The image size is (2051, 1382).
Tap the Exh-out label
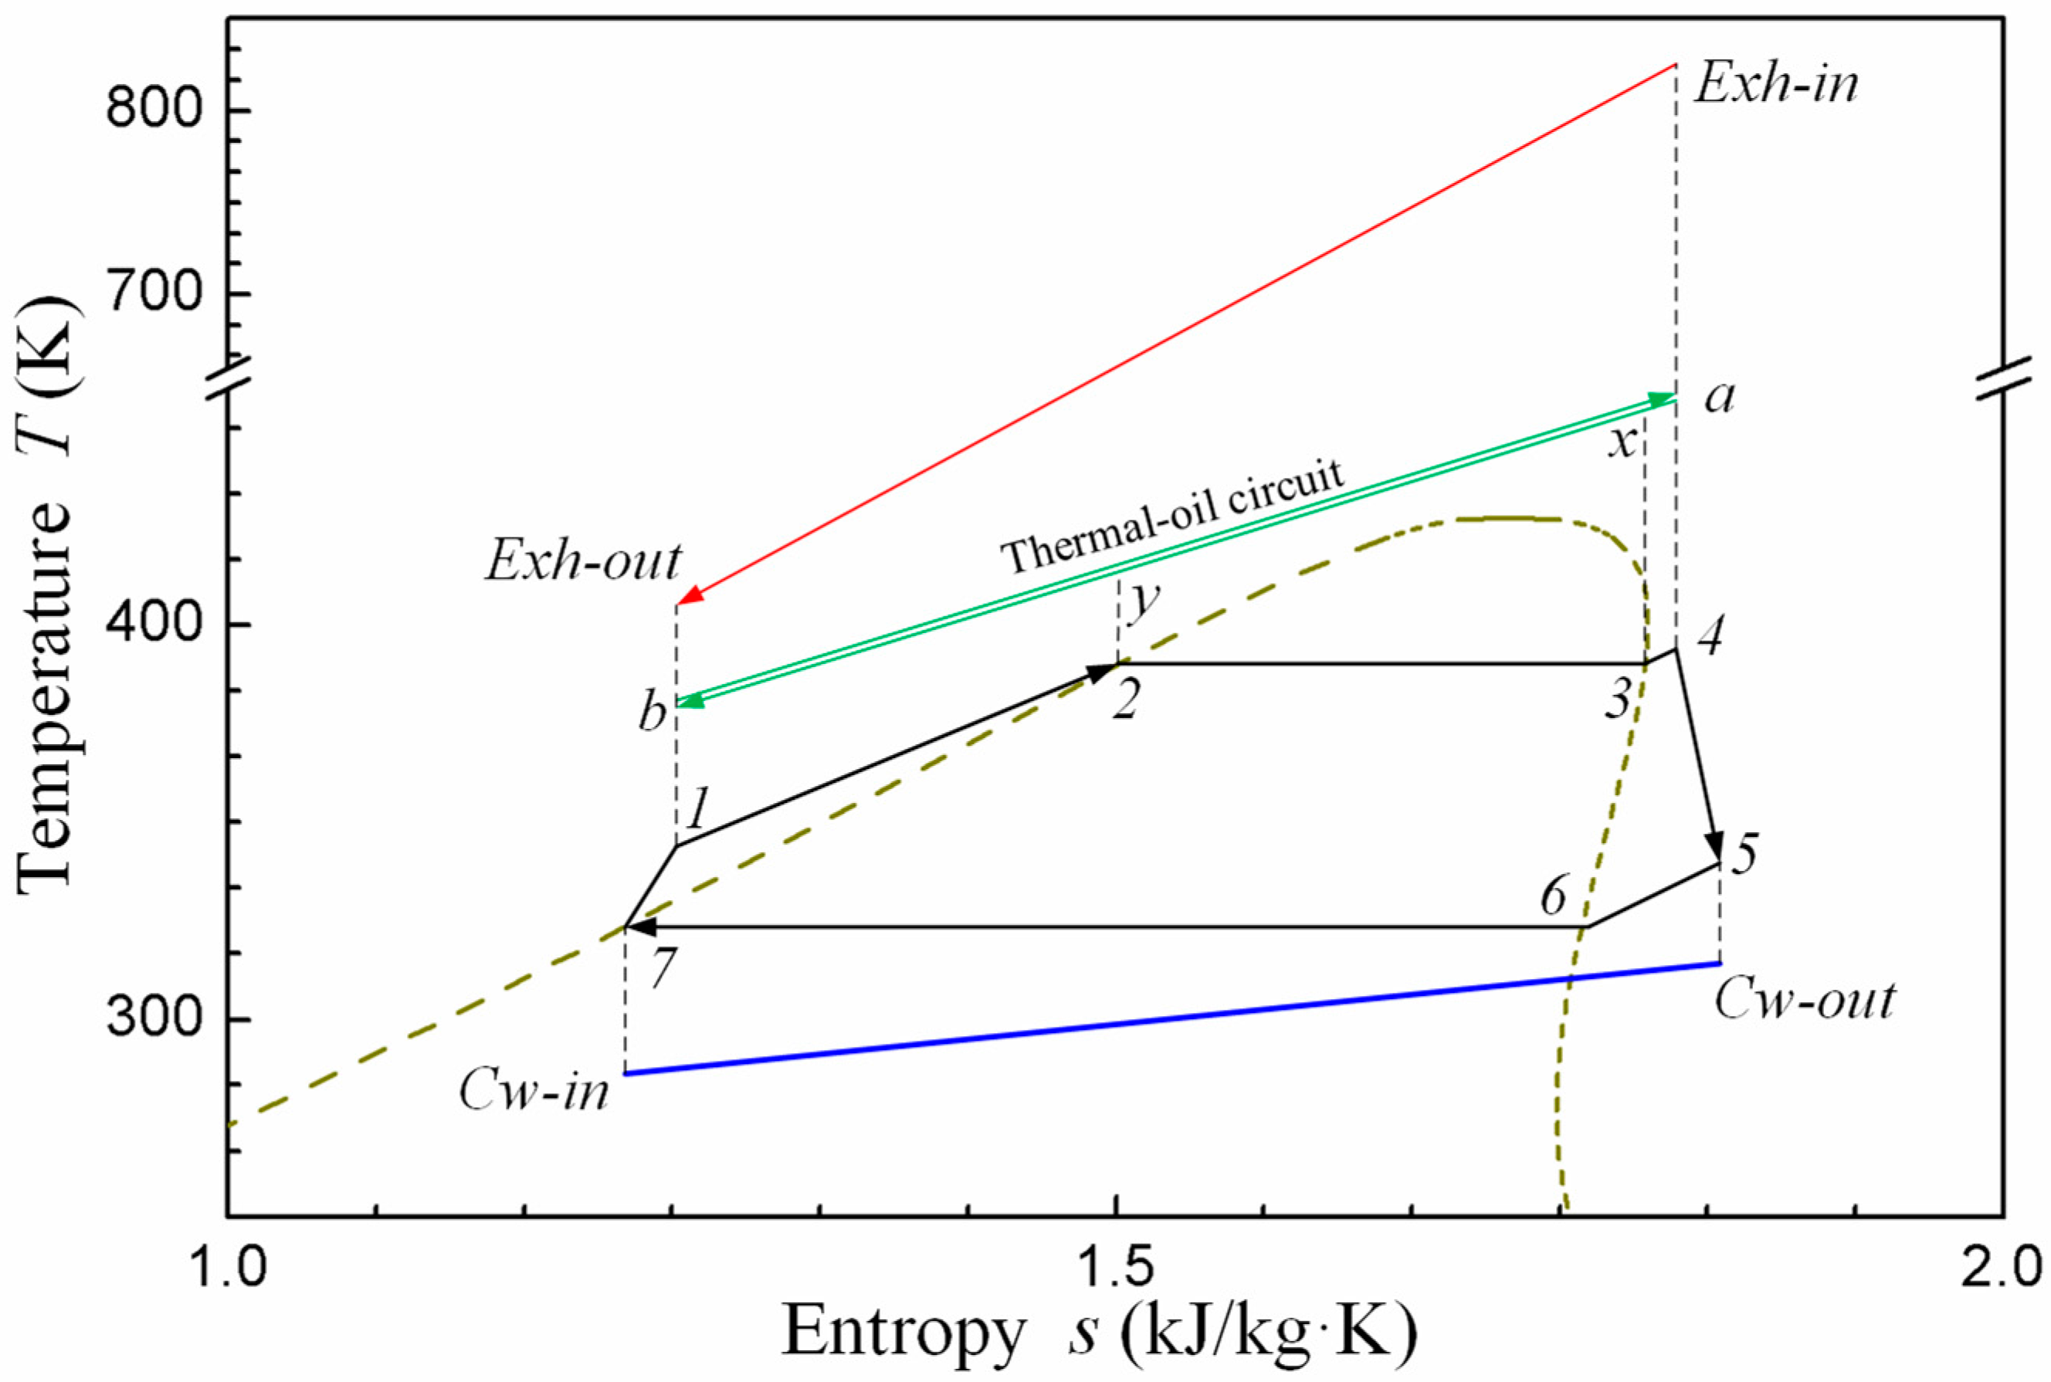pos(584,561)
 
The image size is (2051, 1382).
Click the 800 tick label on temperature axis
pos(155,112)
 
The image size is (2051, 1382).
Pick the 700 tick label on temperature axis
pos(155,293)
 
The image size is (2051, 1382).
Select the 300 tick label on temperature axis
pos(155,1020)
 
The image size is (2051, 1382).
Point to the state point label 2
pos(1126,703)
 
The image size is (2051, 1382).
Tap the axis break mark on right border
pos(2003,379)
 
